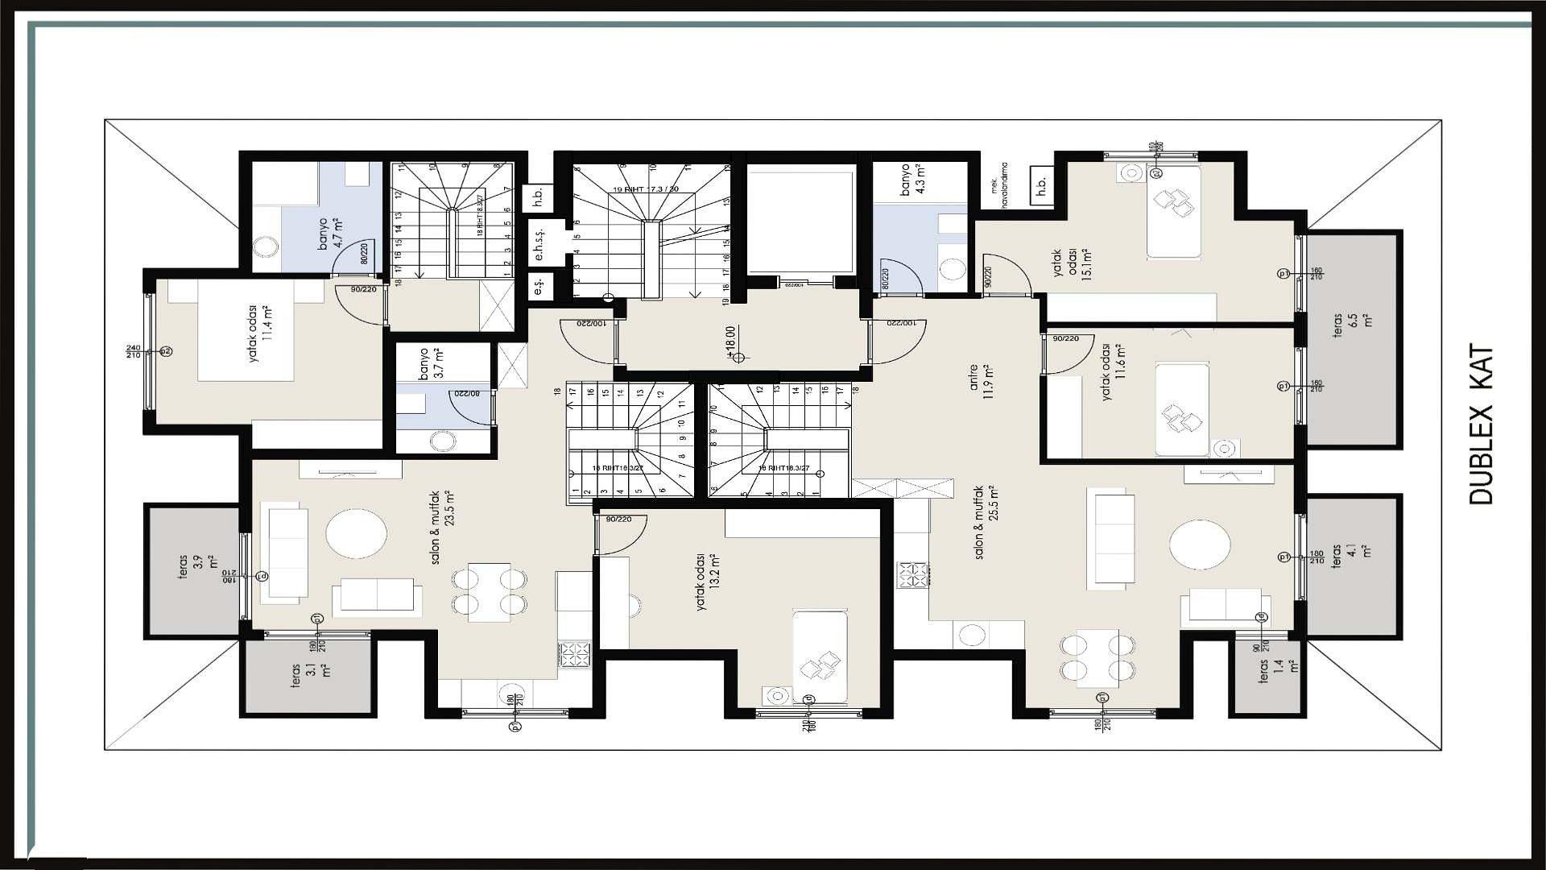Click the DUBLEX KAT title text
coord(1481,425)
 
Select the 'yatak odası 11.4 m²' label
coord(260,333)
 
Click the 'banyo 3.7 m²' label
coord(430,363)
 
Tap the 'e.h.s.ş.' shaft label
coord(539,243)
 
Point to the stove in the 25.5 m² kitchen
coord(912,574)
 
